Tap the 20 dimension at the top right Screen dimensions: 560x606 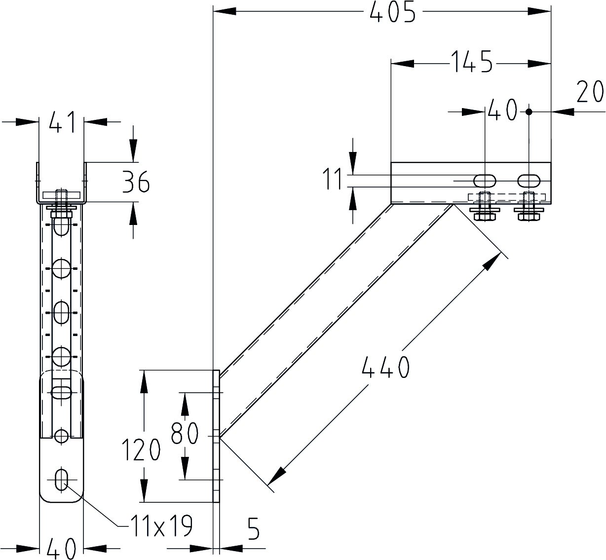[589, 92]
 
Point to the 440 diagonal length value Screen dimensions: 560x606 [385, 368]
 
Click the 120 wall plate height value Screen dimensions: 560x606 [142, 450]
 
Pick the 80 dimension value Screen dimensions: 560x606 [185, 433]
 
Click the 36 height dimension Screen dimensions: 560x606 [136, 183]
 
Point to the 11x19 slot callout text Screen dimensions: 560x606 [161, 526]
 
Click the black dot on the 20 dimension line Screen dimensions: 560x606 [529, 112]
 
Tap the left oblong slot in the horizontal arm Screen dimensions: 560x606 [486, 180]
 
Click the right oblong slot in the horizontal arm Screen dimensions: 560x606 [529, 180]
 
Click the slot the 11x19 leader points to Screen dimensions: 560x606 [62, 479]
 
